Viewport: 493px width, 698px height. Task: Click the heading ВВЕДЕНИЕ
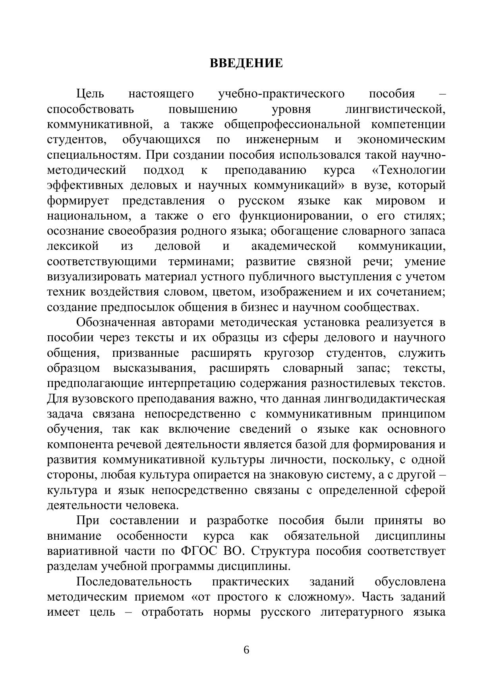[246, 63]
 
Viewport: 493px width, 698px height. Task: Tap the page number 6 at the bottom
[246, 650]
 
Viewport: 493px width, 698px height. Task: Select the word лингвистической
[395, 109]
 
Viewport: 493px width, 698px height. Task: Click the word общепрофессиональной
[292, 124]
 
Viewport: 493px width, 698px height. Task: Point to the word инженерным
[282, 140]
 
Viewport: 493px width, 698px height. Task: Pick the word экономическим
[401, 140]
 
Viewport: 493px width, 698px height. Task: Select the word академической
[294, 247]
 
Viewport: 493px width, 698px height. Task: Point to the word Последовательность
[134, 582]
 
